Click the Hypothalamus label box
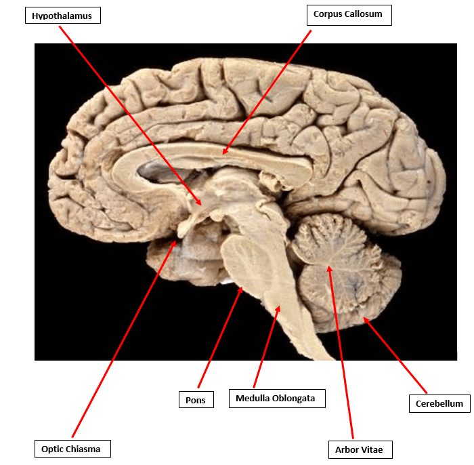pos(62,16)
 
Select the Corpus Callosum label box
pos(349,14)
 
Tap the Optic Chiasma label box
pos(71,448)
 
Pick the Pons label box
pos(196,400)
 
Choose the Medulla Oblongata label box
pos(276,398)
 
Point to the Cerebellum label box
pos(439,403)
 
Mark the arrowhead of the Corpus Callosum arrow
pos(224,153)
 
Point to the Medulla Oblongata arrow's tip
pos(279,307)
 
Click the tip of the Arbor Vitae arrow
pos(330,266)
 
